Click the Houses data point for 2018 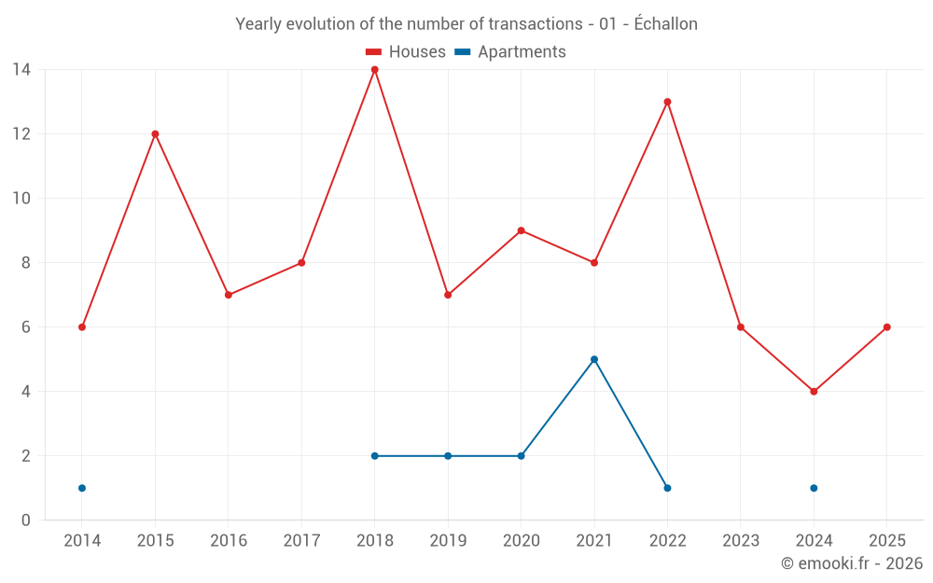pos(375,70)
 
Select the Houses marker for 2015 pos(155,134)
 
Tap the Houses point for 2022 pos(667,102)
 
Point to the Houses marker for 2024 pos(814,392)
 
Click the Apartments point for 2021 pos(594,359)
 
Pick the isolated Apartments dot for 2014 pos(82,488)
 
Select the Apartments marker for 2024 pos(814,488)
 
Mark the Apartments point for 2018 pos(375,456)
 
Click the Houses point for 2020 pos(521,230)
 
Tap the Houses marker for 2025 pos(886,327)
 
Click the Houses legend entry pos(406,52)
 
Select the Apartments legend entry pos(510,52)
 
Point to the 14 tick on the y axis pos(21,70)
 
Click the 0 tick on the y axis pos(26,521)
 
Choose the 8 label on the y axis pos(26,263)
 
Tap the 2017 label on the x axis pos(301,541)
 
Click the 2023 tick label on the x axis pos(740,541)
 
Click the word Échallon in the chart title pos(665,24)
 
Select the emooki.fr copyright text pos(852,563)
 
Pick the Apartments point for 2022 pos(667,488)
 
